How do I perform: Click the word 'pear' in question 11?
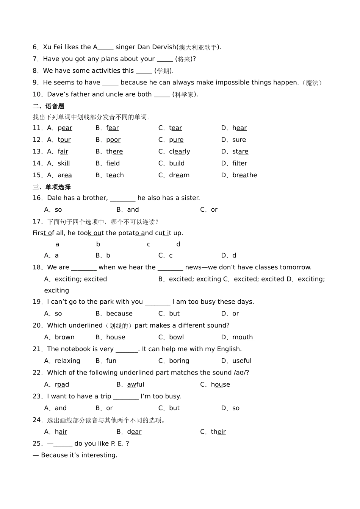coord(65,128)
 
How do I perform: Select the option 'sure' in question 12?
coord(239,140)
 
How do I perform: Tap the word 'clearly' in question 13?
coord(180,151)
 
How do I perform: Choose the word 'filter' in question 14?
coord(239,163)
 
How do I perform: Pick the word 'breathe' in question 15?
coord(245,175)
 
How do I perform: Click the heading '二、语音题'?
coord(49,106)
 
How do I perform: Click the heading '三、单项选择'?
coord(52,187)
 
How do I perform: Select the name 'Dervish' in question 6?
coord(164,47)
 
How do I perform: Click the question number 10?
coord(37,94)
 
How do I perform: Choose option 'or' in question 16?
coord(214,209)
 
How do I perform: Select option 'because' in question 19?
coord(119,314)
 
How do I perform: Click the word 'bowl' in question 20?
coord(176,337)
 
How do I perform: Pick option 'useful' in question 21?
coord(242,361)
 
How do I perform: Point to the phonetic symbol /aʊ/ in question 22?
coord(240,373)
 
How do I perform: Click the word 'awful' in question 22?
coord(136,384)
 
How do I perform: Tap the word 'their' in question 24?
coord(218,432)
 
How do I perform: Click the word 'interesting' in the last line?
coord(100,455)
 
